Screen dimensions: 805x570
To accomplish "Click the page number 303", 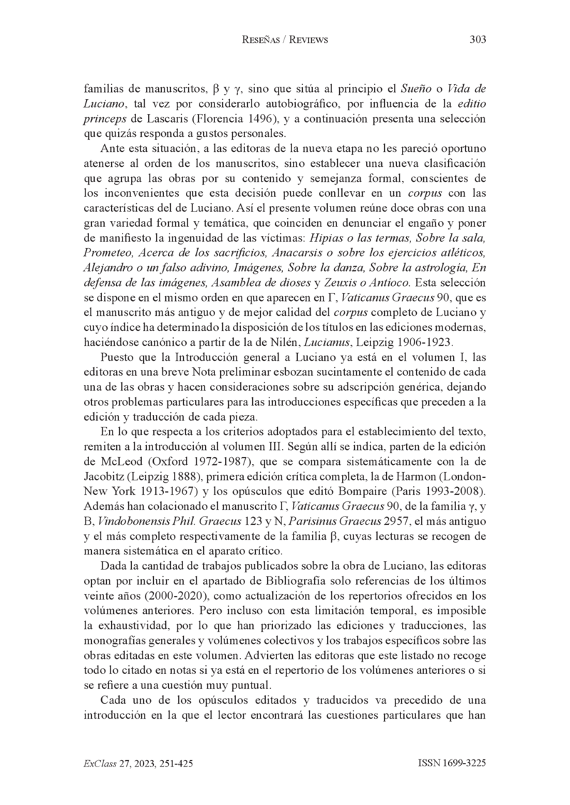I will [x=478, y=40].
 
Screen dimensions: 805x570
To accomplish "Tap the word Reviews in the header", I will [x=308, y=40].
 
